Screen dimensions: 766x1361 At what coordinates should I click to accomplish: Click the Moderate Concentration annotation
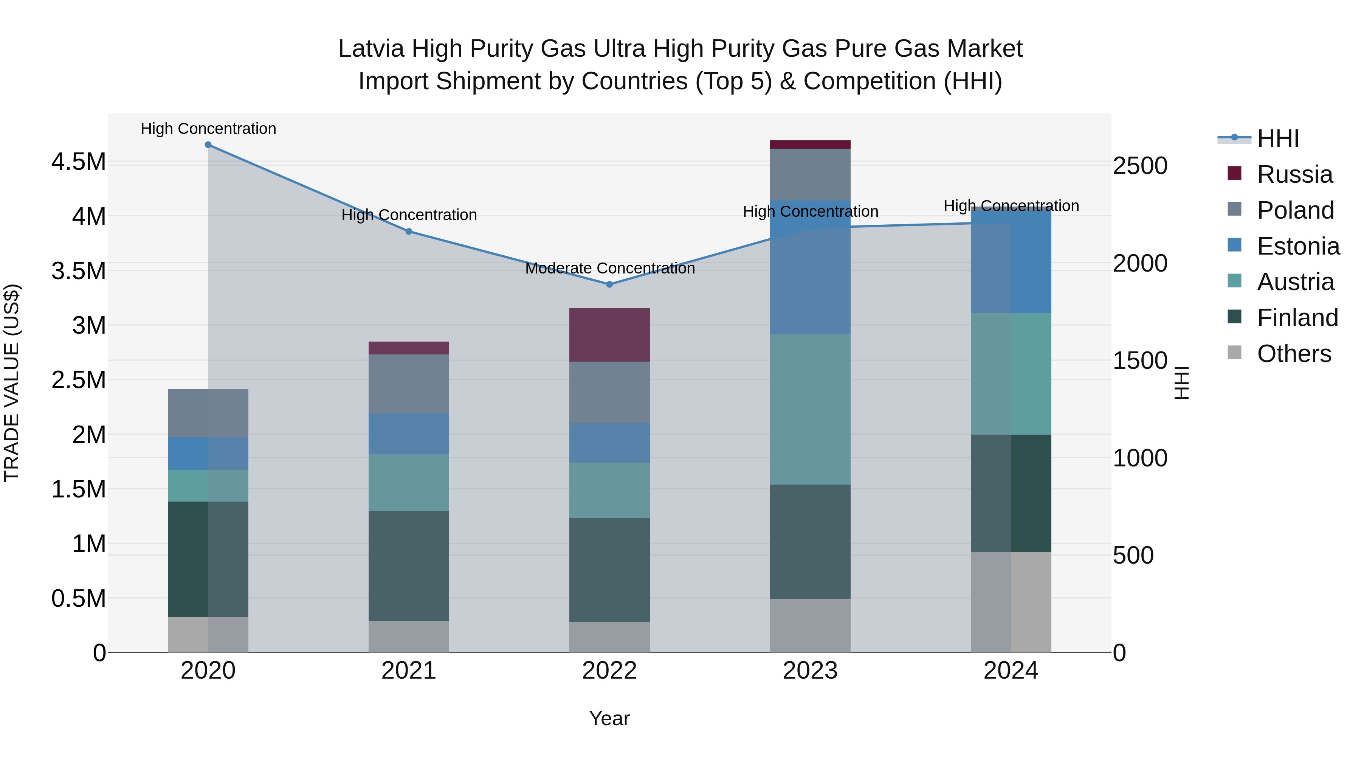pos(610,269)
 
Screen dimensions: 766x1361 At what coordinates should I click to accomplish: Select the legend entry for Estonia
pos(1298,246)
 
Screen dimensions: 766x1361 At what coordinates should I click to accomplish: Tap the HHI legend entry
pos(1277,138)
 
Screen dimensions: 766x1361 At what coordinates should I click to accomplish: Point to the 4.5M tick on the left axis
pos(78,162)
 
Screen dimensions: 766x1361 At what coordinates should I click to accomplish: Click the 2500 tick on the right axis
pos(1139,166)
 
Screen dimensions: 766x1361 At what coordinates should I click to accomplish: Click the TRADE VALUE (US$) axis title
pos(12,383)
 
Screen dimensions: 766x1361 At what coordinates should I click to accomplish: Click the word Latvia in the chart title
pos(371,49)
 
